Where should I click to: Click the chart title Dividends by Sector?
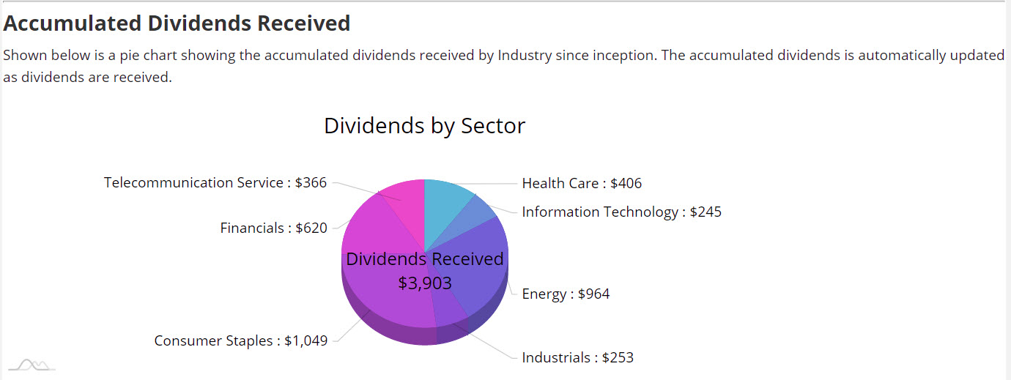point(424,126)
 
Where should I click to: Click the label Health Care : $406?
point(582,183)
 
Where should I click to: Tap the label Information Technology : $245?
point(621,212)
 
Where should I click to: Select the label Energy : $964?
point(566,294)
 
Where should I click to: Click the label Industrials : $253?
point(577,358)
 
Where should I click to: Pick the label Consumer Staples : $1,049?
point(240,340)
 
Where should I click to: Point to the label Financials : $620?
point(273,228)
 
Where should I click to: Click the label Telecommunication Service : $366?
point(215,183)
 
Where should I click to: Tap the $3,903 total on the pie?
point(425,283)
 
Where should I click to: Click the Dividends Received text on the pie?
point(425,259)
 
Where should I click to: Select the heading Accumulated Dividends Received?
point(177,23)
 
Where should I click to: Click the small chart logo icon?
point(32,364)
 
